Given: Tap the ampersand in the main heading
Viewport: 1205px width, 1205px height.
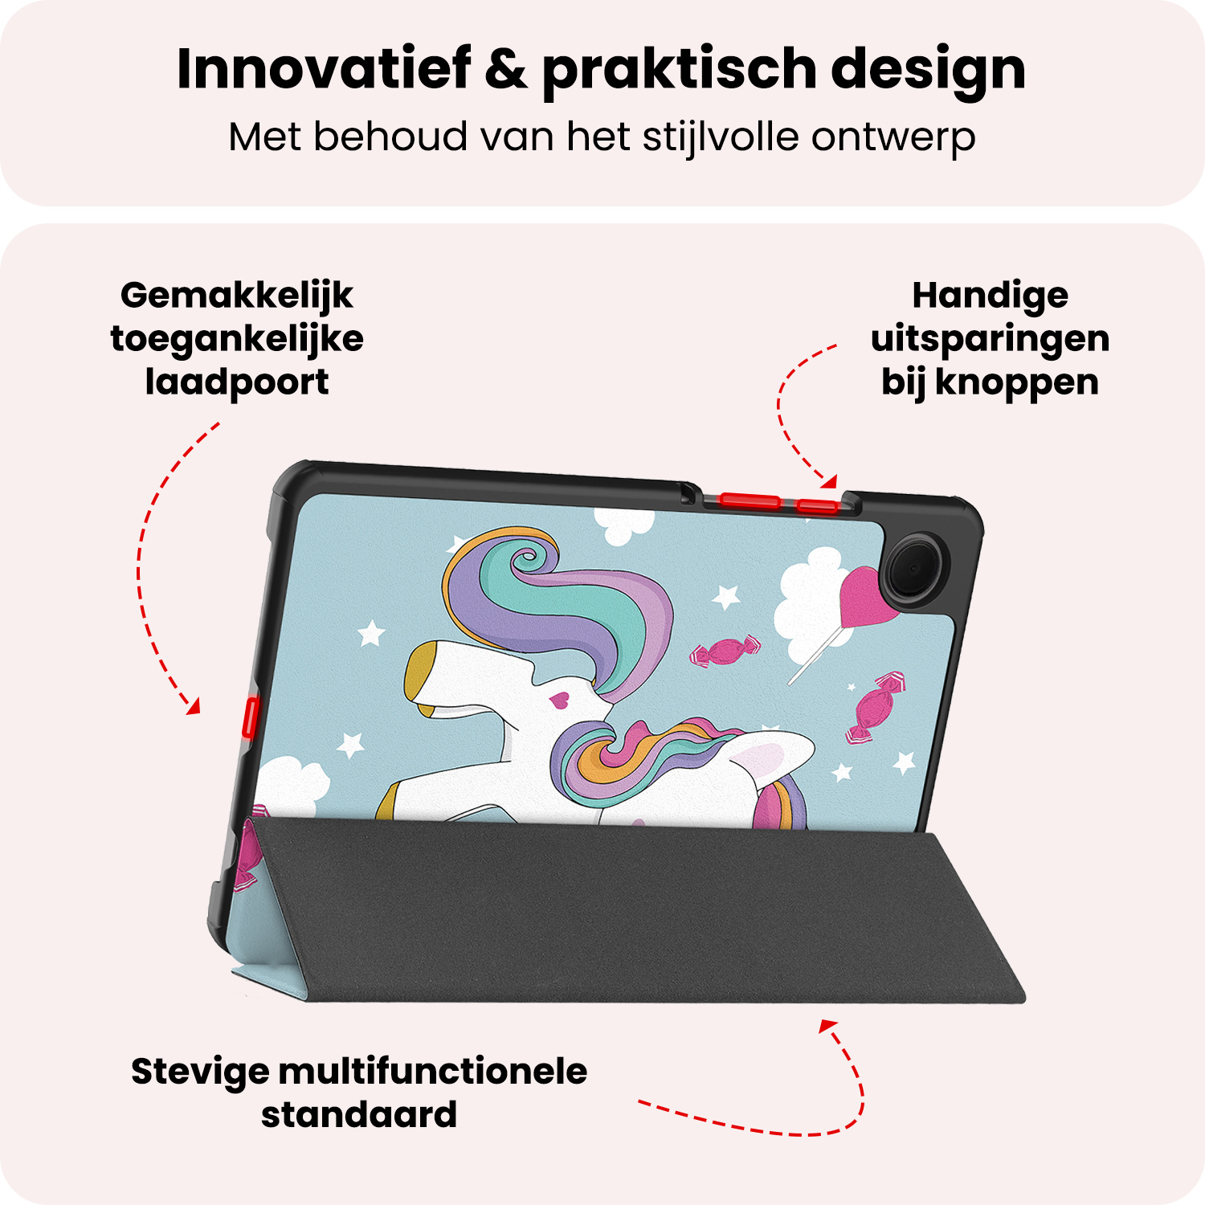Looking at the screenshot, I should click(506, 69).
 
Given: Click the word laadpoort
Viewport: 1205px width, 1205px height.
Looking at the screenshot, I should click(236, 382).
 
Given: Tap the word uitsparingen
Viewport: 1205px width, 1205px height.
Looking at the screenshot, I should click(990, 340).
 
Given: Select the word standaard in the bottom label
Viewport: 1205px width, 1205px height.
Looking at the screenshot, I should click(359, 1115).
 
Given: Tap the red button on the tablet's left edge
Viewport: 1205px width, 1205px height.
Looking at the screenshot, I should click(249, 717).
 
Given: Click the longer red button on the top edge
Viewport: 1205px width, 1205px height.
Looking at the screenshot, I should click(750, 501).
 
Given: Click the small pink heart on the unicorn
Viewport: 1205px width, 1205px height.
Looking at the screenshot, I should click(560, 700).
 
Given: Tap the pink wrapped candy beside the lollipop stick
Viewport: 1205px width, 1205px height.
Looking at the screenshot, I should click(725, 652).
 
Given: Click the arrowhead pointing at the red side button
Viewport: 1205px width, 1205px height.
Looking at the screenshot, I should click(193, 707).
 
